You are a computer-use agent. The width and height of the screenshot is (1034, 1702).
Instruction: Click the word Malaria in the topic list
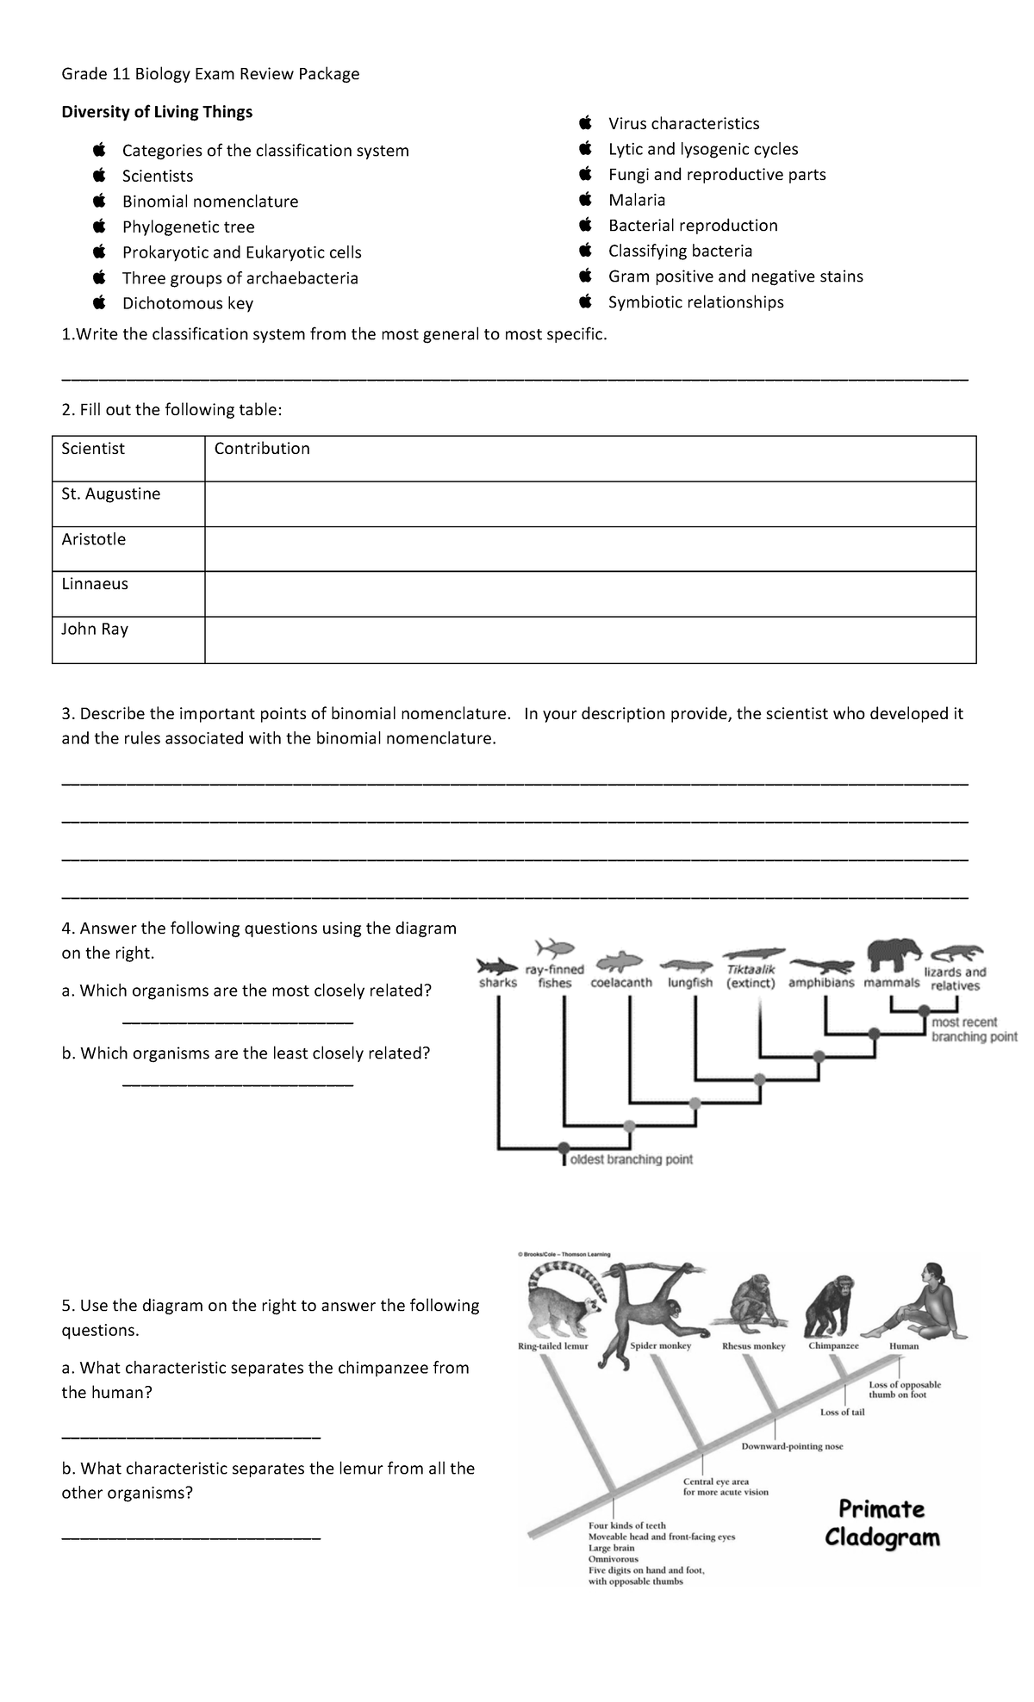tap(636, 200)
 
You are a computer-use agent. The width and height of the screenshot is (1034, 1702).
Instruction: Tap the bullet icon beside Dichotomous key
tap(100, 302)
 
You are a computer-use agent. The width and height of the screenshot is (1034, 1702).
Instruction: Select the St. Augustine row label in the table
tap(110, 494)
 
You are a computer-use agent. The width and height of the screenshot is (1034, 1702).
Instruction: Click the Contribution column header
tap(261, 449)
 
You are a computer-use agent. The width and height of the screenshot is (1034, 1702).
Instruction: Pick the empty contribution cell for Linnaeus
tap(589, 593)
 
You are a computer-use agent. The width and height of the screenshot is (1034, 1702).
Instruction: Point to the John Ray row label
tap(95, 630)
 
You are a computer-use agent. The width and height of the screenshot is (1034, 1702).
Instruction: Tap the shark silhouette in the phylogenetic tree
tap(495, 962)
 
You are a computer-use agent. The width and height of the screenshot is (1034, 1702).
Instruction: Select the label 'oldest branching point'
tap(631, 1159)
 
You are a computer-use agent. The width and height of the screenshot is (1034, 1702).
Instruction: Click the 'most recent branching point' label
tap(974, 1029)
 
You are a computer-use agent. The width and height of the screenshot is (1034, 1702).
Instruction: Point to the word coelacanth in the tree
tap(621, 983)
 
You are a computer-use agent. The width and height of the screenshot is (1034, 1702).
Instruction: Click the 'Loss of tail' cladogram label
tap(842, 1412)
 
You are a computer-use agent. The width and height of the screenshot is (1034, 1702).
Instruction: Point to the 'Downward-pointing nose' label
tap(792, 1446)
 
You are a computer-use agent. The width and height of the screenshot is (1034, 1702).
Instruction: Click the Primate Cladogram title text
tap(881, 1523)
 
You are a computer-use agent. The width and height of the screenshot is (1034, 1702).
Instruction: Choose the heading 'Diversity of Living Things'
tap(157, 112)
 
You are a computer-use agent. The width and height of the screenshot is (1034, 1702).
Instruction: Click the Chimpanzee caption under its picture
tap(833, 1345)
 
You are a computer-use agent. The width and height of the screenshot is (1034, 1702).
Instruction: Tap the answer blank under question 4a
tap(238, 1022)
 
